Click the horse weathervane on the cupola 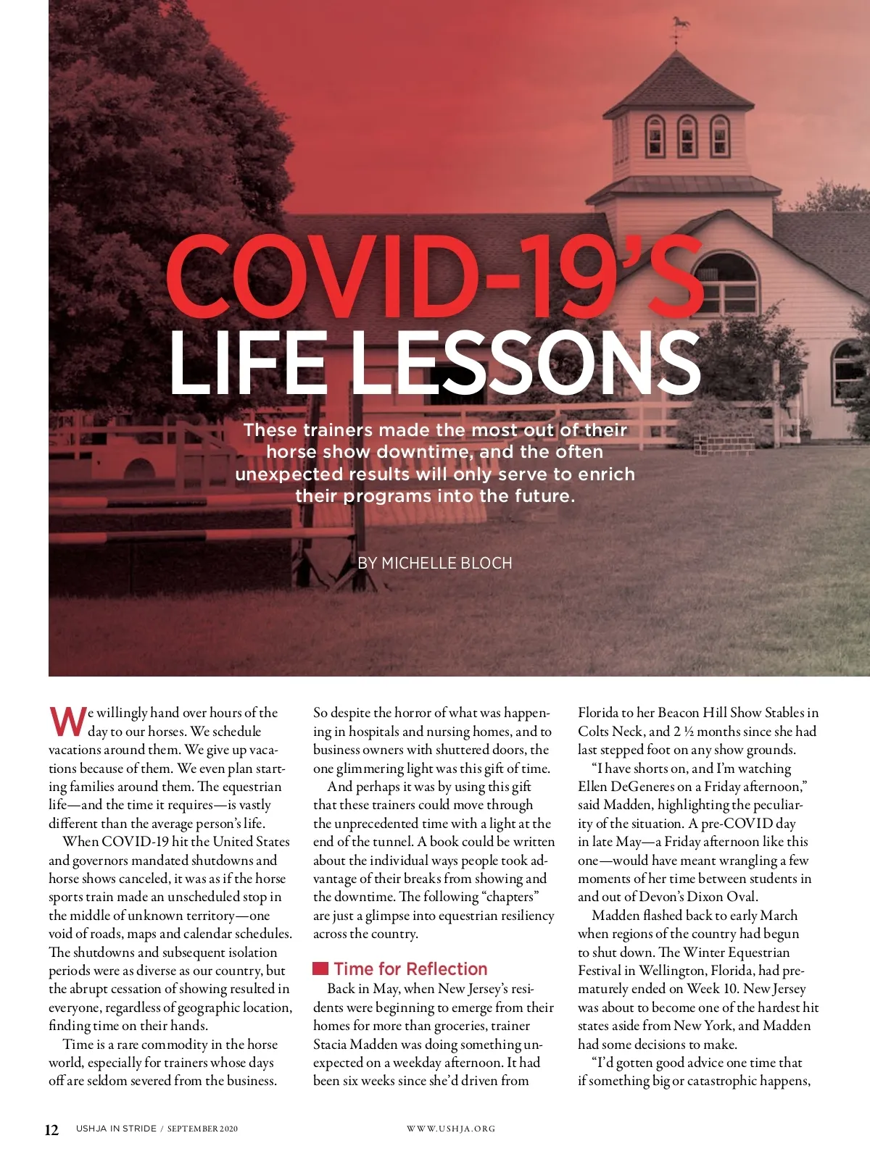coord(679,25)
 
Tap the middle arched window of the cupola coord(687,136)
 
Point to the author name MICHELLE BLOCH coord(447,563)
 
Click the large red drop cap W coord(67,721)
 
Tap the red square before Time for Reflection coord(320,969)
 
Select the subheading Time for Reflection coord(410,969)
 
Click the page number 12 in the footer coord(52,1130)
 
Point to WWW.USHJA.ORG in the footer coord(451,1129)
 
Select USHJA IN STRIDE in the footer coord(116,1129)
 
